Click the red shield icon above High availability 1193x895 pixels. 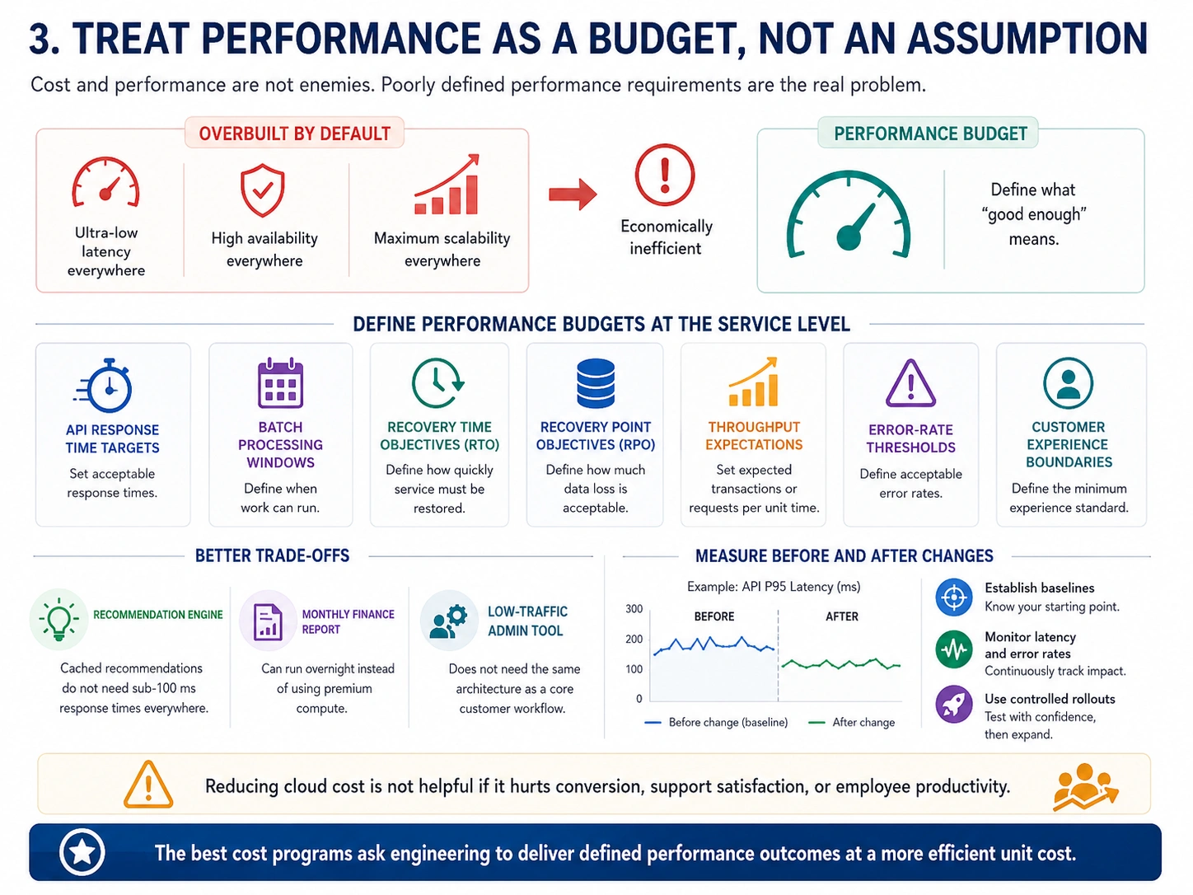[x=263, y=190]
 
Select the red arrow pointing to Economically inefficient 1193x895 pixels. [x=573, y=194]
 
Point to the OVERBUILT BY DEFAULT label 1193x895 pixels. [x=295, y=134]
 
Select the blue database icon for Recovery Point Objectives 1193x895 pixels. [x=595, y=383]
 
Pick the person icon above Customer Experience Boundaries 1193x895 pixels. [x=1068, y=383]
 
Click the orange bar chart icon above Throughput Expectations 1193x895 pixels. [x=753, y=382]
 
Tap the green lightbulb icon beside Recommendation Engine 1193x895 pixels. [x=58, y=620]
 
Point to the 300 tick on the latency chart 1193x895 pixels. [x=634, y=609]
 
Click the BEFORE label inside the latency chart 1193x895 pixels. [x=713, y=616]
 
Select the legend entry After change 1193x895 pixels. [x=852, y=722]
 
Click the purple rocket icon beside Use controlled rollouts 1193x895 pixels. [x=953, y=705]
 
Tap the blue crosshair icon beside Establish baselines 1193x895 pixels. [x=953, y=597]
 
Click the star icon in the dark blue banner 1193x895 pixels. [x=82, y=852]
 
